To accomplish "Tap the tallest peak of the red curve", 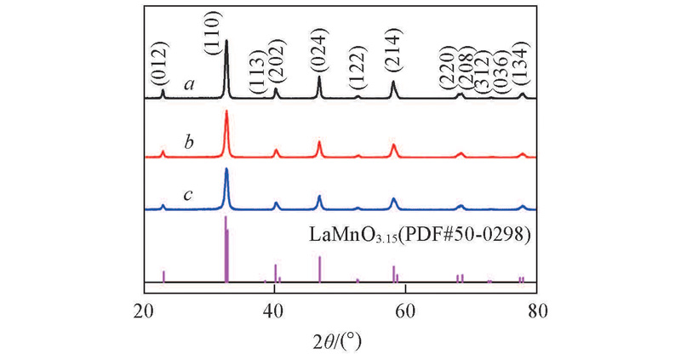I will pyautogui.click(x=226, y=112).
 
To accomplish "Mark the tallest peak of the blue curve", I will pyautogui.click(x=226, y=169).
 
